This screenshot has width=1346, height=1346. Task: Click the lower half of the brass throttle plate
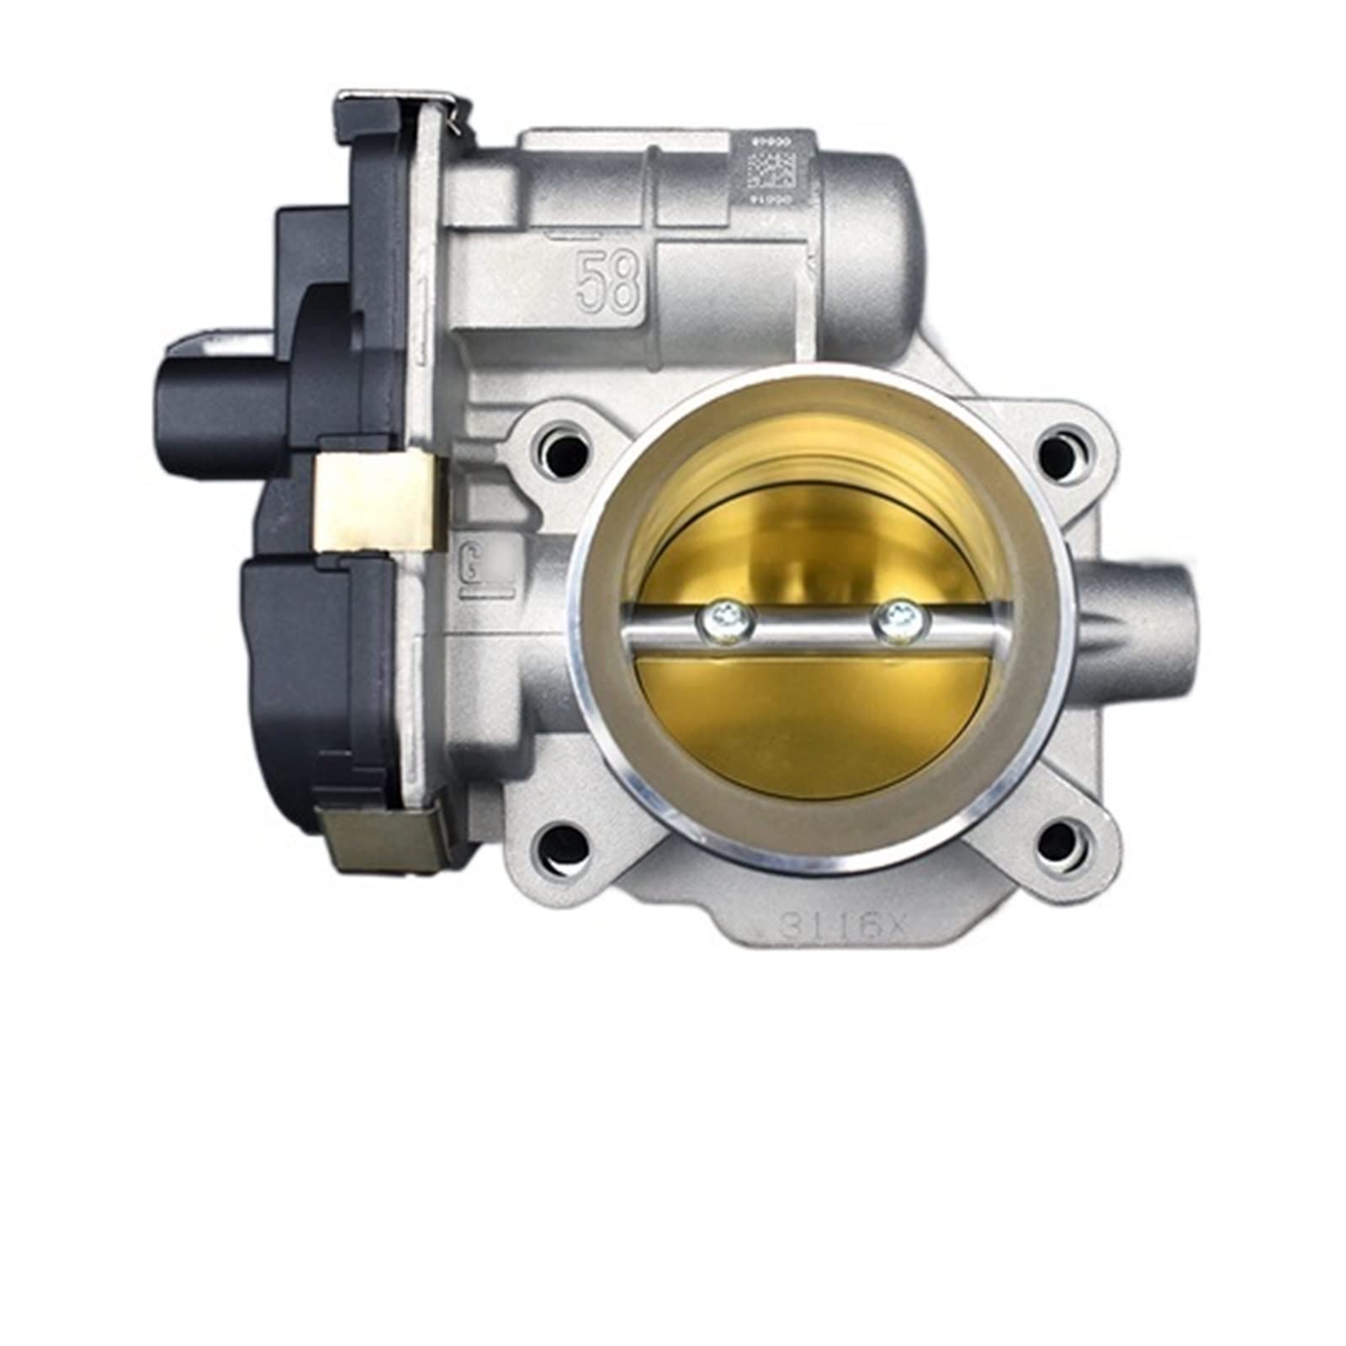point(812,715)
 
